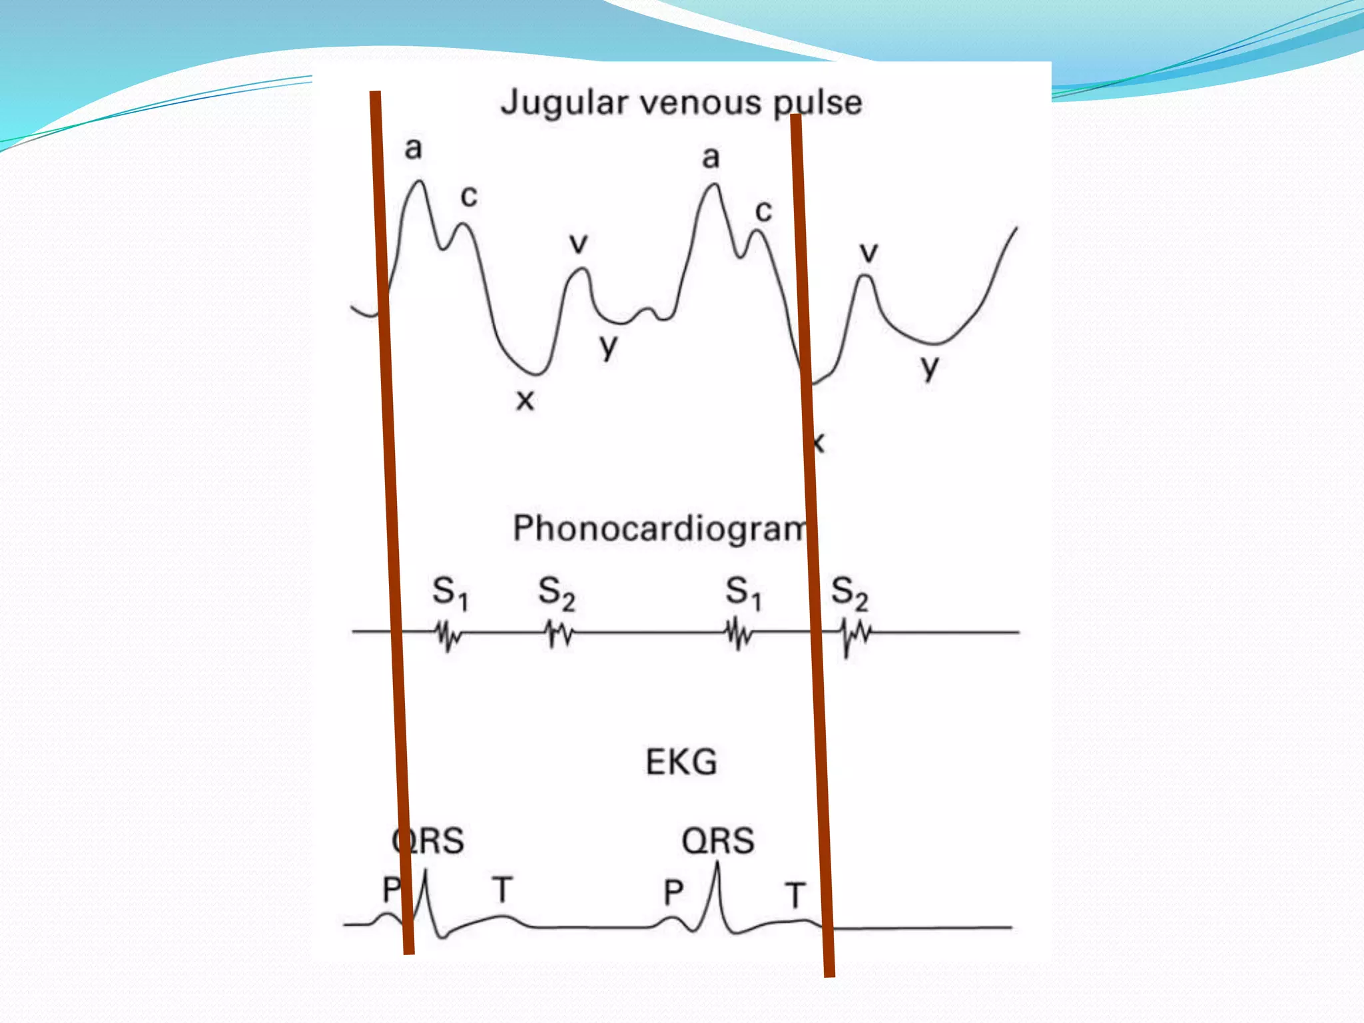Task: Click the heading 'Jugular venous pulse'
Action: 681,103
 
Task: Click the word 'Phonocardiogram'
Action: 659,528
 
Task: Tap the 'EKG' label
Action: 681,762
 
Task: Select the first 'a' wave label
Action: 414,149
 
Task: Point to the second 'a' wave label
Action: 711,158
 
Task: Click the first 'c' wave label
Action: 469,196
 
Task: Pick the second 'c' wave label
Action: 763,211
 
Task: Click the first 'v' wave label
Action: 579,243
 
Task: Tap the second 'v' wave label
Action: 868,252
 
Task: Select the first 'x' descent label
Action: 525,400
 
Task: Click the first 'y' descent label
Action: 608,346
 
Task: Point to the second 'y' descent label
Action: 930,367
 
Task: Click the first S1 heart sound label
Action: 450,592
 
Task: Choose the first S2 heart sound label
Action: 556,592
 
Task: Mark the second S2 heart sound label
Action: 849,592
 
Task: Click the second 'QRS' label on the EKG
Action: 718,841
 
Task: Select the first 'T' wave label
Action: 502,890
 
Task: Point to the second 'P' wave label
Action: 673,892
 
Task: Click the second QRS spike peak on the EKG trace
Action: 717,864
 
